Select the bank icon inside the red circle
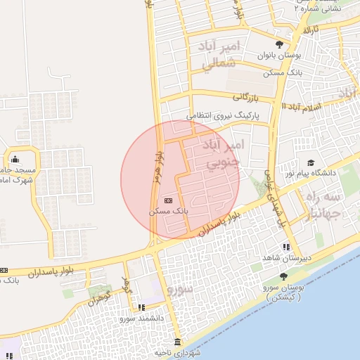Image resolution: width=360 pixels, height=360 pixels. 167,200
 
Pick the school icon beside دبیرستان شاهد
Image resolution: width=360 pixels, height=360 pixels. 285,247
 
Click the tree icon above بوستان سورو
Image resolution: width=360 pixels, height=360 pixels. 283,276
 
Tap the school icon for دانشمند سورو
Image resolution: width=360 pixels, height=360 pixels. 142,307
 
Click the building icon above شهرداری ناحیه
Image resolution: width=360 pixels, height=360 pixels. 176,342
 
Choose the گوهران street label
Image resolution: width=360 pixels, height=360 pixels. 100,297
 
